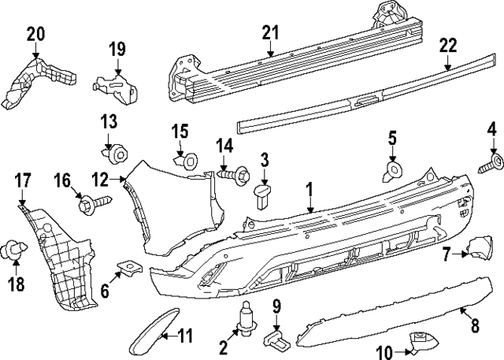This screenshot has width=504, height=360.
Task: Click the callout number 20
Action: click(x=35, y=34)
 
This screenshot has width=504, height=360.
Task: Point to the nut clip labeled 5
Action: click(x=391, y=171)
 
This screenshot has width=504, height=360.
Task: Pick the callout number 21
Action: click(x=270, y=32)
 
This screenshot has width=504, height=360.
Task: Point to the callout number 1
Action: click(x=309, y=189)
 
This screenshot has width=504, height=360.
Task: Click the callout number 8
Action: click(x=475, y=325)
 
